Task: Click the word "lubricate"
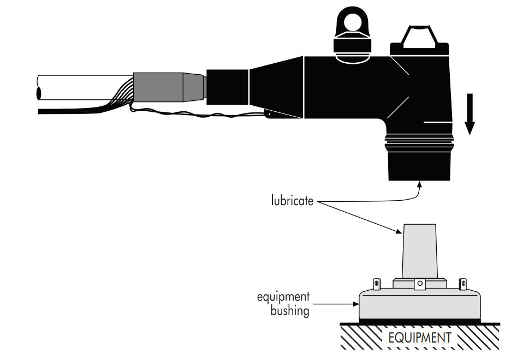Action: tap(292, 201)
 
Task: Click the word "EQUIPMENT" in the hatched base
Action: tap(419, 338)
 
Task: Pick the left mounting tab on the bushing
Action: tap(376, 284)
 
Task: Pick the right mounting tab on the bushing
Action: tap(463, 284)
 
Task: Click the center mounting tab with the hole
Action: tap(419, 284)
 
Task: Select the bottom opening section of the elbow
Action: tap(419, 167)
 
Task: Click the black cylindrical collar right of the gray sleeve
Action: tap(227, 87)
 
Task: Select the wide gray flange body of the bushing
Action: tap(419, 305)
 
